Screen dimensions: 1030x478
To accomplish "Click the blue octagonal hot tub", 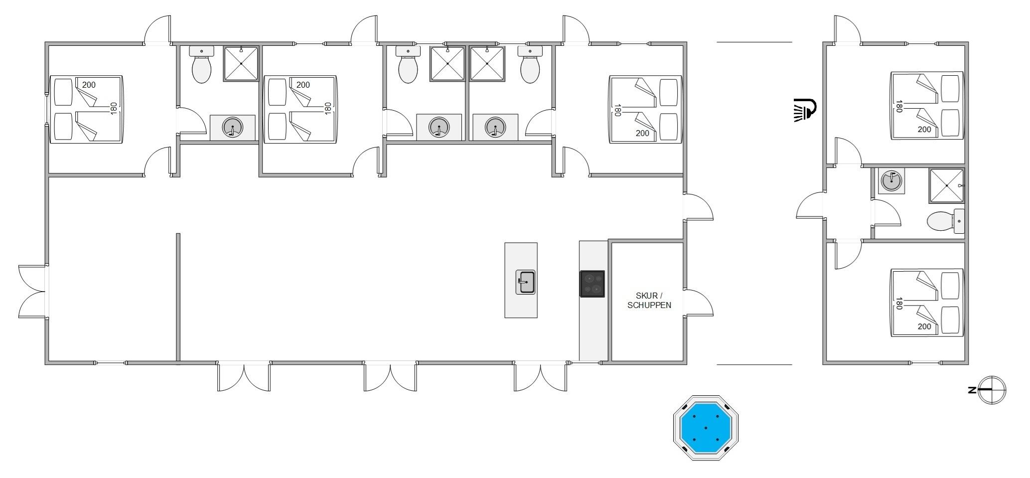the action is pos(706,427).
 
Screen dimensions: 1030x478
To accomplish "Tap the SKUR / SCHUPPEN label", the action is pos(649,301).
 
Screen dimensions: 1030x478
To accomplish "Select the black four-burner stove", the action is pos(592,284).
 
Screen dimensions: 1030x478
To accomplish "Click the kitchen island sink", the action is pos(525,282).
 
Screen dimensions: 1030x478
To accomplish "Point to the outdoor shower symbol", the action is pos(805,110).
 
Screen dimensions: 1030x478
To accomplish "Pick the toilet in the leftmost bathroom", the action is pos(201,65).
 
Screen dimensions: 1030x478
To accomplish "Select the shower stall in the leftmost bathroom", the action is pos(241,63).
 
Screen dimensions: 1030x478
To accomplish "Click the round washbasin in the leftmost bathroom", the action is pos(232,128).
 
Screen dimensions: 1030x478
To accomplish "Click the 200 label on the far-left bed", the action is pos(89,85).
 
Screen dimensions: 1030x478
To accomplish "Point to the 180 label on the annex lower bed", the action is pos(899,304).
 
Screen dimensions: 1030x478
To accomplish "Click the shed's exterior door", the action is pos(699,303).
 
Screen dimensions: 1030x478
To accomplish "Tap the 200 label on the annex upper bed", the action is pos(924,129).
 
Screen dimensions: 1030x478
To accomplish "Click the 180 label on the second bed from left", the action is pos(328,108).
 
